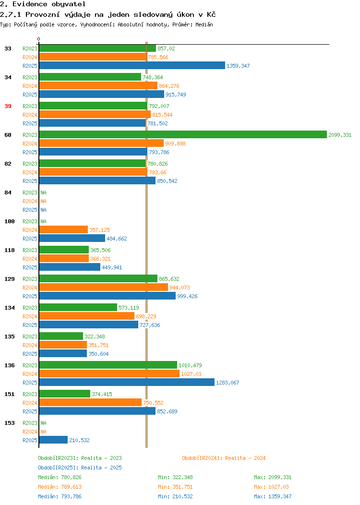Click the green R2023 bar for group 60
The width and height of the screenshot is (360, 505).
(x=183, y=134)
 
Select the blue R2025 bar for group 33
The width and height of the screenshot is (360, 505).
(x=132, y=65)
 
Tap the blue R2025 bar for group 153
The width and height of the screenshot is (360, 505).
(x=53, y=440)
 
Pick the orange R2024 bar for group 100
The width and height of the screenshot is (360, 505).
(x=63, y=229)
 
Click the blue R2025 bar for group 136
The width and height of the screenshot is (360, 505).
(x=127, y=382)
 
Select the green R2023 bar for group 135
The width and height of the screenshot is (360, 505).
(x=61, y=336)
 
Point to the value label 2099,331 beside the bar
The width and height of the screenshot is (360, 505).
(x=340, y=135)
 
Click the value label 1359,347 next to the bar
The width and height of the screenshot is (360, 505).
(x=238, y=66)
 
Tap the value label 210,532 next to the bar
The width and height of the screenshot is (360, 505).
(x=79, y=440)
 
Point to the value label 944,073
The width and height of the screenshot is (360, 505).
(x=180, y=288)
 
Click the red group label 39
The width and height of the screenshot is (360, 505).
(x=8, y=106)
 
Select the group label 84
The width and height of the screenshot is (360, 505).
(x=8, y=192)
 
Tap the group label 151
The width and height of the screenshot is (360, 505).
(x=10, y=394)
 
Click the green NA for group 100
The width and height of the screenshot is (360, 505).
(x=44, y=221)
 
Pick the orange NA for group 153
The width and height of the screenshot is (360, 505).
(x=44, y=432)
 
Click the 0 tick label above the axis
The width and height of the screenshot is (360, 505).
(x=39, y=39)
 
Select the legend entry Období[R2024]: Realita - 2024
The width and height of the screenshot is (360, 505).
(x=224, y=458)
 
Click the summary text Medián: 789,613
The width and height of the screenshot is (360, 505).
(x=60, y=487)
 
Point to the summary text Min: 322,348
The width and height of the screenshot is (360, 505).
(x=175, y=477)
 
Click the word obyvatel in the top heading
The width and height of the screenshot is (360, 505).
(x=69, y=4)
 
